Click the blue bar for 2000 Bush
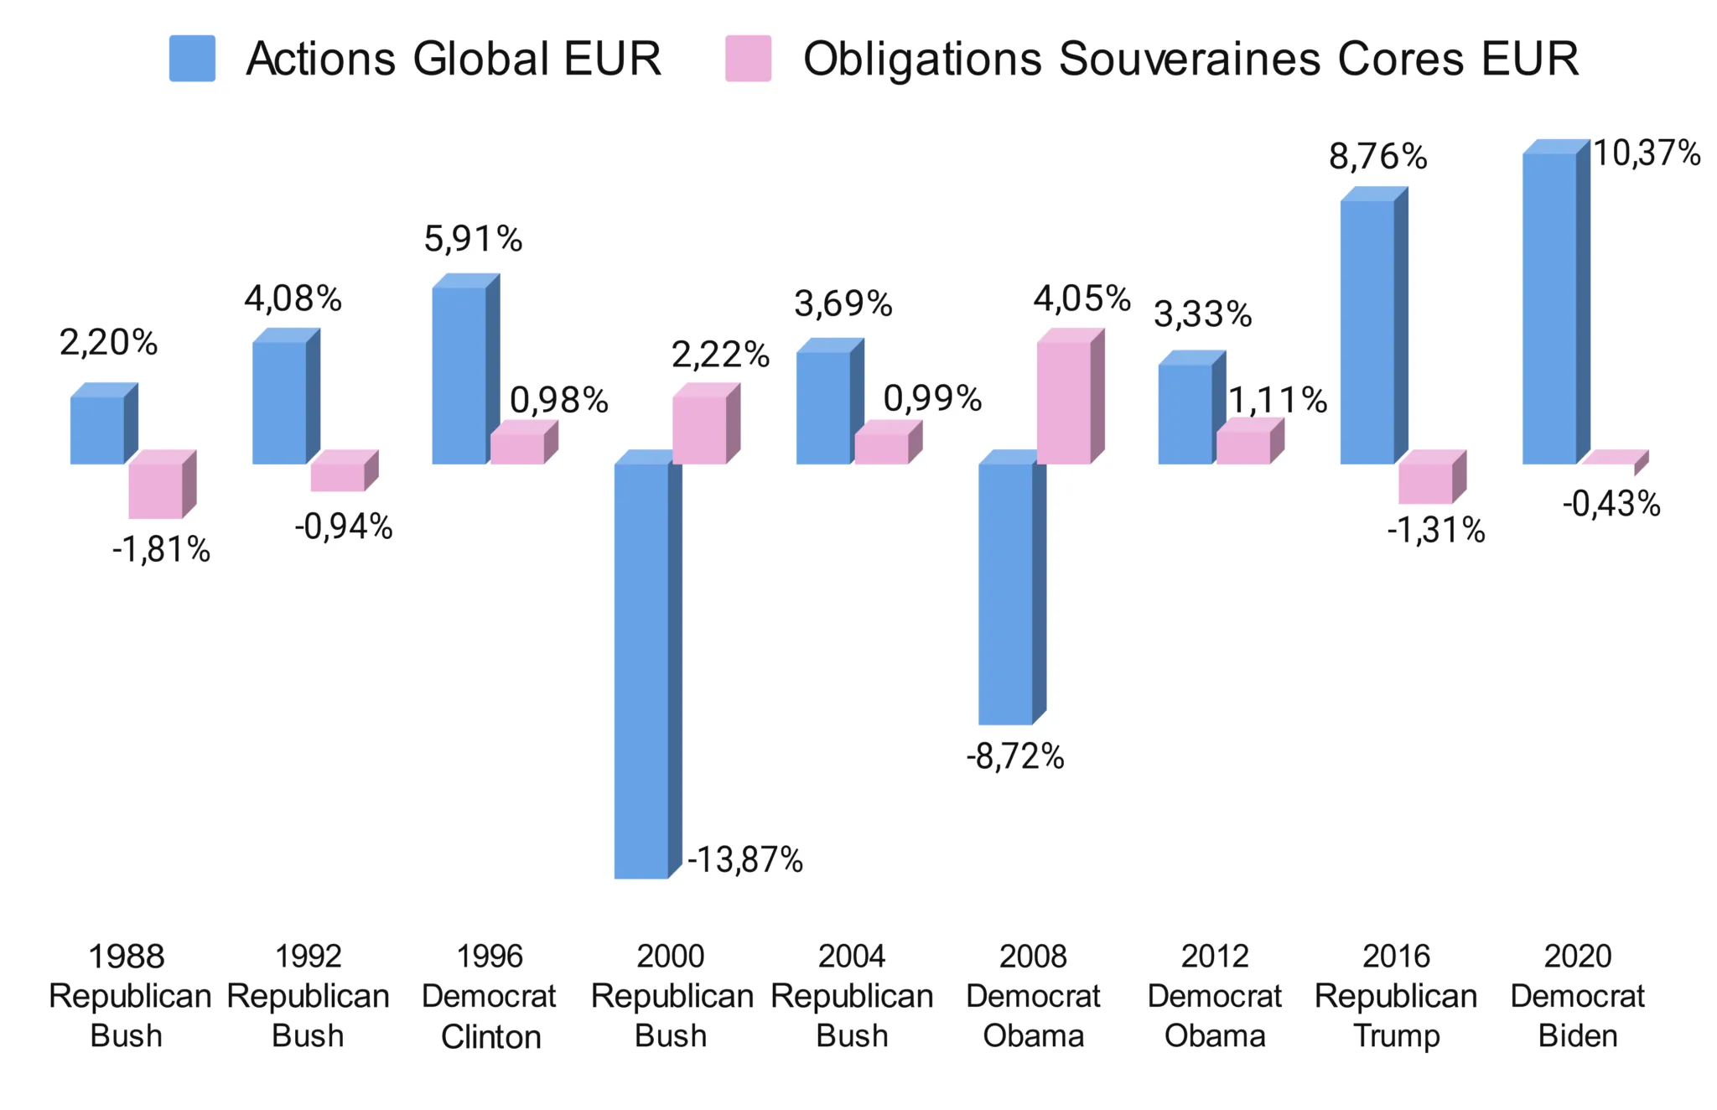point(641,671)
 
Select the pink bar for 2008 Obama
point(1064,402)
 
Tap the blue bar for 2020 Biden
point(1549,309)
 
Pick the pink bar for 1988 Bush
point(155,490)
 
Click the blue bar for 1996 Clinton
point(459,375)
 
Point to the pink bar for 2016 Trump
point(1425,483)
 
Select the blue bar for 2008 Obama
point(1005,594)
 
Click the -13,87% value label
point(745,860)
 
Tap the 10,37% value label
point(1647,153)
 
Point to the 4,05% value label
point(1082,298)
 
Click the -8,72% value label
point(1015,756)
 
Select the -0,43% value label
point(1611,504)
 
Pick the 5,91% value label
point(473,239)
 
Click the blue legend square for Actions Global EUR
point(192,59)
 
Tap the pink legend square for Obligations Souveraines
point(748,59)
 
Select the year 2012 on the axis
point(1215,956)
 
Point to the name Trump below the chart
point(1396,1036)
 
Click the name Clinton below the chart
point(490,1037)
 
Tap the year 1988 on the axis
point(127,956)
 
